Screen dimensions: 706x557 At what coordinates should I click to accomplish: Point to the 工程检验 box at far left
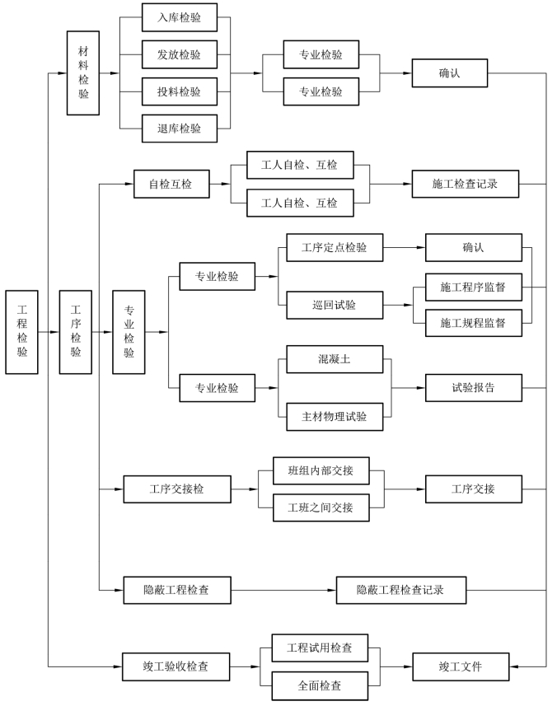pyautogui.click(x=21, y=331)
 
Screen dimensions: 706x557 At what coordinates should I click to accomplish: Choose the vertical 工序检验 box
pyautogui.click(x=76, y=331)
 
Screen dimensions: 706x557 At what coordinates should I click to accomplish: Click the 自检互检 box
pyautogui.click(x=171, y=185)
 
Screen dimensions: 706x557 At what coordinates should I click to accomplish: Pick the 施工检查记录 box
pyautogui.click(x=466, y=185)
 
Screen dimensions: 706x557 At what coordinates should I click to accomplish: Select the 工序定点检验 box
pyautogui.click(x=334, y=247)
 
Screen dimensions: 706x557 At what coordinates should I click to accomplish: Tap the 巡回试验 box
pyautogui.click(x=334, y=305)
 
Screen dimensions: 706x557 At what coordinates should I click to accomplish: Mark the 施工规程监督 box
pyautogui.click(x=474, y=322)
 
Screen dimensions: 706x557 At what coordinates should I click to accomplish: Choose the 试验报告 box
pyautogui.click(x=474, y=387)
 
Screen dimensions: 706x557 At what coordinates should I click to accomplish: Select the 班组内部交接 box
pyautogui.click(x=321, y=470)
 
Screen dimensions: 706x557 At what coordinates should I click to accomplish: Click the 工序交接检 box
pyautogui.click(x=176, y=489)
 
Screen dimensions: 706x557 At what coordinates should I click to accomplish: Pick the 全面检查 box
pyautogui.click(x=320, y=685)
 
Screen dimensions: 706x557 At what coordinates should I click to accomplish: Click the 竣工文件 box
pyautogui.click(x=460, y=666)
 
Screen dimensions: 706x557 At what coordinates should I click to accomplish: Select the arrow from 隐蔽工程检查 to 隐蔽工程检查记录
pyautogui.click(x=283, y=589)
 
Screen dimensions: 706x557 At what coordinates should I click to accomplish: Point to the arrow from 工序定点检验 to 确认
pyautogui.click(x=404, y=247)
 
